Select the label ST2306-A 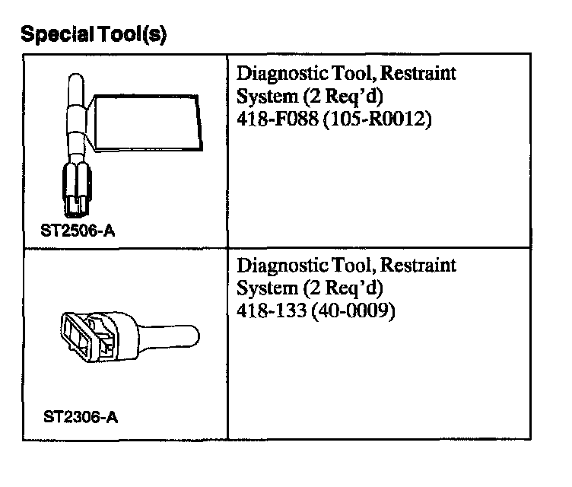[x=81, y=417]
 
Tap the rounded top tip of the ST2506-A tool [x=74, y=84]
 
